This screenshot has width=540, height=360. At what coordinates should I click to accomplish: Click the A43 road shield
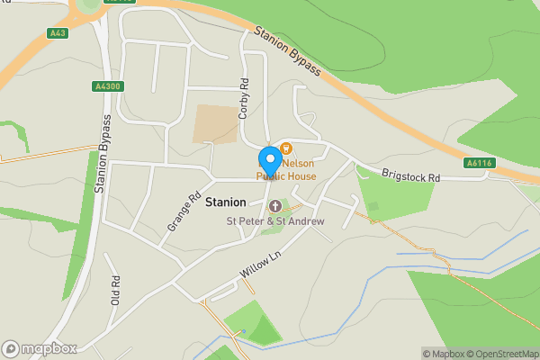tap(58, 33)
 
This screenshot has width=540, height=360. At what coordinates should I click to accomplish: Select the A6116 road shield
tap(478, 163)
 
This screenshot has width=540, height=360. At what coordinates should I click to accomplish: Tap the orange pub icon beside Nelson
tap(286, 148)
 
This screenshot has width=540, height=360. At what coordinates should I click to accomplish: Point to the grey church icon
tap(275, 207)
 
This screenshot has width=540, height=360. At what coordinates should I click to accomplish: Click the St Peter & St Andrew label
tap(275, 221)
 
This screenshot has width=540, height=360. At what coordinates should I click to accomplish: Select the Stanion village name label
tap(226, 202)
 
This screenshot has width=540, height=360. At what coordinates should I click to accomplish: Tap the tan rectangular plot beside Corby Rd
tap(215, 124)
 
